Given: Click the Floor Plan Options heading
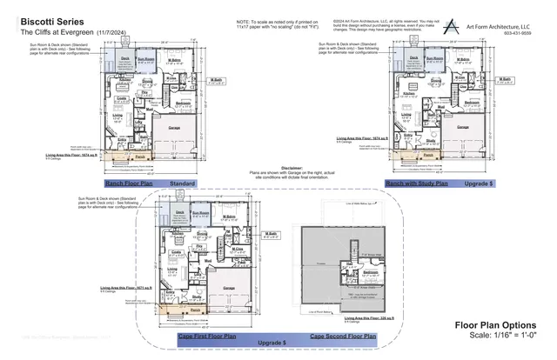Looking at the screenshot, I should click(x=503, y=325).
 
